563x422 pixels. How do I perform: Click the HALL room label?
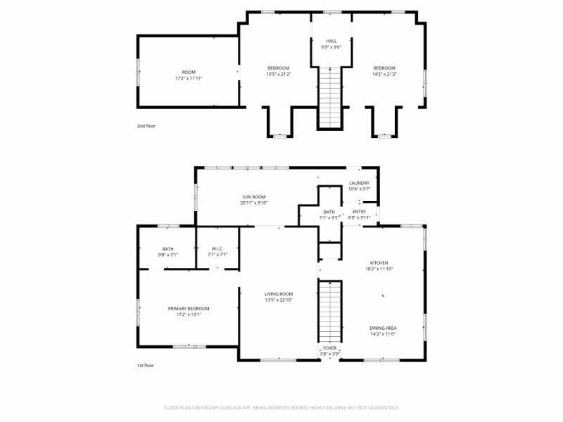click(331, 41)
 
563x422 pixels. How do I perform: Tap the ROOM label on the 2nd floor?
click(189, 72)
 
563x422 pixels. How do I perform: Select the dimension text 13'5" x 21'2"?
click(277, 74)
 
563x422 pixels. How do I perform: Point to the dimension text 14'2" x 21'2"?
click(384, 74)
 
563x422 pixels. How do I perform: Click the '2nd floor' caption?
click(146, 126)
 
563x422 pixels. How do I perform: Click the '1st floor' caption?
click(146, 366)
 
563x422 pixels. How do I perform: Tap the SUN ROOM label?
click(253, 197)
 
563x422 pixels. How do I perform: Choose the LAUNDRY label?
click(359, 183)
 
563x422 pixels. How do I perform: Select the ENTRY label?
click(359, 211)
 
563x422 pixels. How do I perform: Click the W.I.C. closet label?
click(217, 248)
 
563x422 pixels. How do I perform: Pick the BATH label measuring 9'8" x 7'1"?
click(167, 248)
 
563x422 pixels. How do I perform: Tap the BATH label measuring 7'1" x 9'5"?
click(329, 212)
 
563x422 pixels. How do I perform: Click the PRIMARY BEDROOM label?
click(188, 308)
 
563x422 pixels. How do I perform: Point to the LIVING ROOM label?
click(279, 294)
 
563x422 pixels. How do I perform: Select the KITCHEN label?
click(379, 262)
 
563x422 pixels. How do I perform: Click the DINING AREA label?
click(384, 328)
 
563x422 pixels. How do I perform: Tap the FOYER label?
click(330, 347)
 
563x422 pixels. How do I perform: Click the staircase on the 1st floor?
click(330, 309)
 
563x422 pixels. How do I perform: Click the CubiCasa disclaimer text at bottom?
click(281, 407)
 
